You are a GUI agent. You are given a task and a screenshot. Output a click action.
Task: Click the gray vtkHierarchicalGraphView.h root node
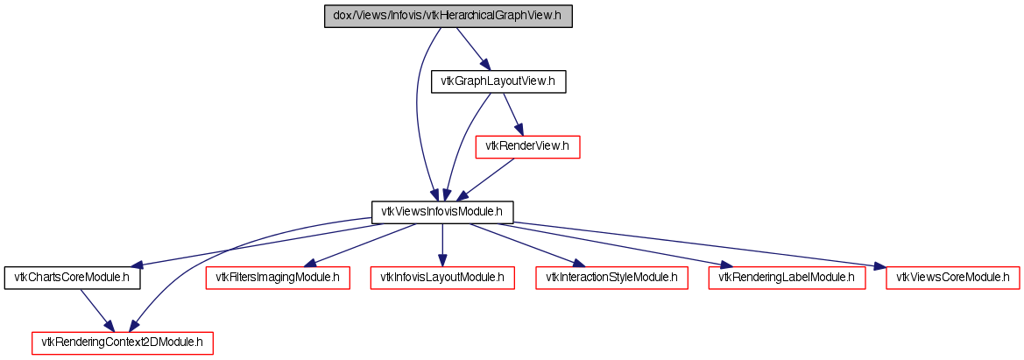point(448,16)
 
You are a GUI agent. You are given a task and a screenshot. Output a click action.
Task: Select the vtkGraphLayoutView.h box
point(498,81)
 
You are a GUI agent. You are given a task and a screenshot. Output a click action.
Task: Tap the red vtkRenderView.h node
point(527,147)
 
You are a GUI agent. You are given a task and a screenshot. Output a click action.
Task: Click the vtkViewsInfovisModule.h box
point(442,212)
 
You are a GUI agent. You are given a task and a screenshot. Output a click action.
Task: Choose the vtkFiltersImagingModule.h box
point(278,278)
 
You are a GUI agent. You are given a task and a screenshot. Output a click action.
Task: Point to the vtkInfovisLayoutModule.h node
point(442,278)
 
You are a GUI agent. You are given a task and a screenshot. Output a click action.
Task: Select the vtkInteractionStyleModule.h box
point(611,278)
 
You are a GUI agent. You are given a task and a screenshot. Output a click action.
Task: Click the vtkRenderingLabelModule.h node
point(787,278)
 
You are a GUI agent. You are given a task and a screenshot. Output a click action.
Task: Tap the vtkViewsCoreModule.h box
point(953,278)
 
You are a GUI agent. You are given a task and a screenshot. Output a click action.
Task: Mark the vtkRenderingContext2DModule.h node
point(123,343)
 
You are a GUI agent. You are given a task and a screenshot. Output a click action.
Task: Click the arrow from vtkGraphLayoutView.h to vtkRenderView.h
point(512,115)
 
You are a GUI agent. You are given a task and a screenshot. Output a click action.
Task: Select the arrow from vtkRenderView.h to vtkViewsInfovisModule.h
point(484,179)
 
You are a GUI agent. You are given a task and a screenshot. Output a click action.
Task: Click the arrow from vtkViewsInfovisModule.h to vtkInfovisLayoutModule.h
point(442,244)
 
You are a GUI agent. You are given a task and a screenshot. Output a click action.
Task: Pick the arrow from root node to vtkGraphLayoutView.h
point(471,49)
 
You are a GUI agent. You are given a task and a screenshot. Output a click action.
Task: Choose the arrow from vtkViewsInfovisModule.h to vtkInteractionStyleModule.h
point(526,244)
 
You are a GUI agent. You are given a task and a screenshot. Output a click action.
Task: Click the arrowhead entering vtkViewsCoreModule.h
point(880,266)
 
